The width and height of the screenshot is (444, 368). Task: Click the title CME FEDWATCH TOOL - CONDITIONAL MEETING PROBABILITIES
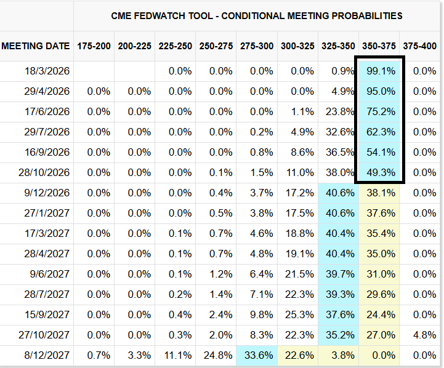click(x=257, y=15)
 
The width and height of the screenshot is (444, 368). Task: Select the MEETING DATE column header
click(x=36, y=46)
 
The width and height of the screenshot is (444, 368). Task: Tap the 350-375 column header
click(x=379, y=46)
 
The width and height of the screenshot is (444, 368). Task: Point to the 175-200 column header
click(x=94, y=46)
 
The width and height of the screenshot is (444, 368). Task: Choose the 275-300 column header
click(x=257, y=46)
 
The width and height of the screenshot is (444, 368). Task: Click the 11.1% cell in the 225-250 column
click(x=177, y=356)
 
